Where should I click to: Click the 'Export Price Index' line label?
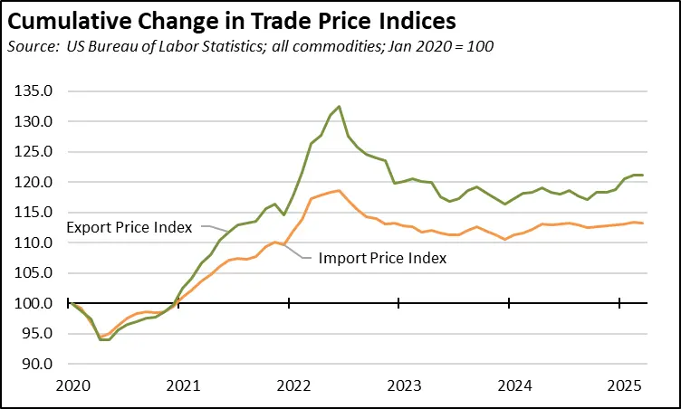(x=129, y=227)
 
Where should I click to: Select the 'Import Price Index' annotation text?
(x=383, y=258)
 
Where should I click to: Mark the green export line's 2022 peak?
(x=339, y=107)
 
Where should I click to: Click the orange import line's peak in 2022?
(x=339, y=190)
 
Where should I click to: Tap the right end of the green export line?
(x=642, y=175)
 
